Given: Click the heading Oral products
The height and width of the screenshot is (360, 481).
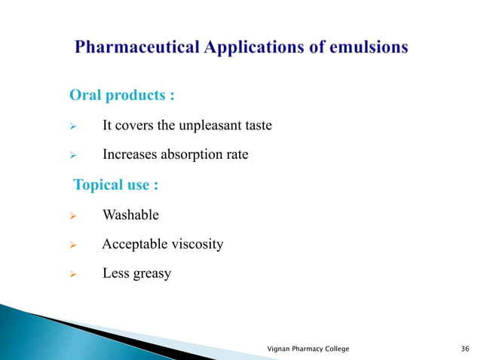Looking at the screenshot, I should pos(122,96).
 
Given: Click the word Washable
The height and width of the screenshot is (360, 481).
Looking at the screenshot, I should pos(130,215).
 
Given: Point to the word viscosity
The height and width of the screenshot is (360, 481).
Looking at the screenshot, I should pos(196,244).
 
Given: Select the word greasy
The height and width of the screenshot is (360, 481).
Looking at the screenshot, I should pos(152,273).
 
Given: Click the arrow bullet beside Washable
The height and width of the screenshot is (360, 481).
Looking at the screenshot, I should pos(74,215).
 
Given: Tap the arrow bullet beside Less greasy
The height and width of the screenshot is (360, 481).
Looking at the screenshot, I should pos(74,274).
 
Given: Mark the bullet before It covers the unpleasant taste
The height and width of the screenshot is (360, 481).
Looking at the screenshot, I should pos(74,126).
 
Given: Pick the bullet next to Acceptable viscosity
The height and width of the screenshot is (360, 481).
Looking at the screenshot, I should pos(74,245).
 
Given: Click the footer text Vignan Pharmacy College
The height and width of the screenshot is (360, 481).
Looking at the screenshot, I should pos(308,349).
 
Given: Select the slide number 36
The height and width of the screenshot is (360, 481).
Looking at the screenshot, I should pos(464,349).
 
